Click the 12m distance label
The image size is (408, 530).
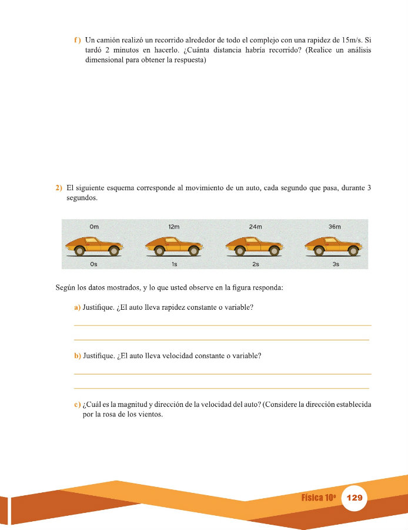(x=173, y=227)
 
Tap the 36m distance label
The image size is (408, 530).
(x=335, y=227)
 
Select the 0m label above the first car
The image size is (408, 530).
(x=94, y=227)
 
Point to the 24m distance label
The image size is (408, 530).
(x=255, y=227)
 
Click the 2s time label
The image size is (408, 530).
(x=255, y=264)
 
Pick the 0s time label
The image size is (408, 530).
(x=94, y=264)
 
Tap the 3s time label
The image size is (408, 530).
(x=336, y=264)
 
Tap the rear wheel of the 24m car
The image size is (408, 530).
(x=239, y=251)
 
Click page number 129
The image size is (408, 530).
(x=355, y=498)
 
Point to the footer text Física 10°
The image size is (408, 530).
(x=319, y=498)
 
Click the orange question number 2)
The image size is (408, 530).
(x=59, y=188)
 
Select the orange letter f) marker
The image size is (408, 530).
(x=77, y=40)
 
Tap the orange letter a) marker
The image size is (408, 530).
(x=77, y=307)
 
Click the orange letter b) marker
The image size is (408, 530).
(x=77, y=356)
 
